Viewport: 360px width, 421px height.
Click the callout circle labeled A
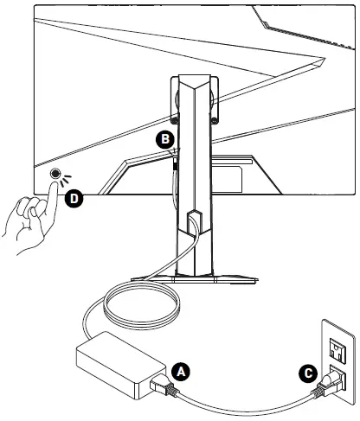[x=181, y=372]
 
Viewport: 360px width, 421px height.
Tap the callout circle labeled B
[x=165, y=139]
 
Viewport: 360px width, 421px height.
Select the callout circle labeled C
[x=308, y=373]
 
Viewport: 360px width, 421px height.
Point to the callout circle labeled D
[x=74, y=199]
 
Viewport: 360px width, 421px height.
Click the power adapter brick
[x=120, y=365]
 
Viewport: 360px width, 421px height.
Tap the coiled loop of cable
[x=142, y=305]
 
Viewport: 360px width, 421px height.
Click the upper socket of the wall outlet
[x=337, y=349]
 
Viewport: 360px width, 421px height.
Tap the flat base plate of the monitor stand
[x=194, y=279]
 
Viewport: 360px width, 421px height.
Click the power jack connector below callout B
[x=175, y=163]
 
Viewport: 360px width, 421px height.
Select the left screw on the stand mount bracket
[x=174, y=120]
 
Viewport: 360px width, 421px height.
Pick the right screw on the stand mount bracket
[x=215, y=120]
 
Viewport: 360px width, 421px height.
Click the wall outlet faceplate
[x=338, y=362]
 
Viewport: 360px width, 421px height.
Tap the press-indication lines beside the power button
[x=65, y=180]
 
